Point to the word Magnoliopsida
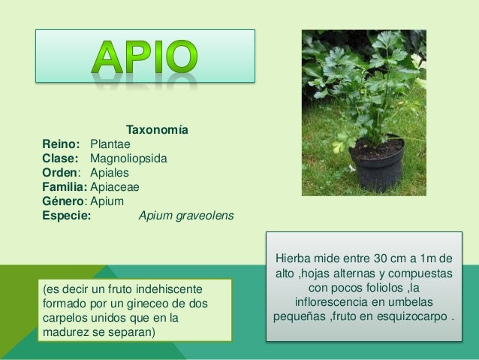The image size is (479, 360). [129, 159]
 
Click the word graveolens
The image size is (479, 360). [205, 216]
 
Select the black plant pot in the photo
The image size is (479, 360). [376, 165]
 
